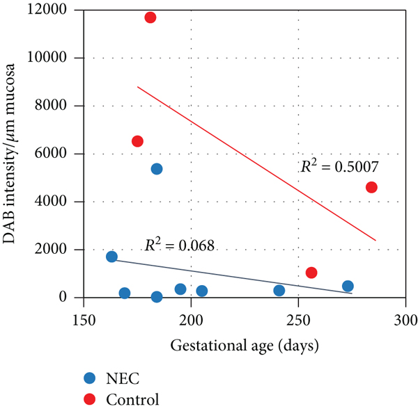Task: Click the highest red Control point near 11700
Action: pyautogui.click(x=150, y=17)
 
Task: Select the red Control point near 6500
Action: pyautogui.click(x=137, y=141)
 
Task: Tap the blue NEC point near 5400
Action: pyautogui.click(x=157, y=169)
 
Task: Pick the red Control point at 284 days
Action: pyautogui.click(x=371, y=187)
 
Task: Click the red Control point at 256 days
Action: pyautogui.click(x=311, y=273)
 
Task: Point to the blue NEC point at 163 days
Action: pyautogui.click(x=111, y=257)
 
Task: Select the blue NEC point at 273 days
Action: pyautogui.click(x=348, y=286)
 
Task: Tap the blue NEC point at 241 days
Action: pyautogui.click(x=279, y=291)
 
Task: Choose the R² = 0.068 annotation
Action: pyautogui.click(x=179, y=245)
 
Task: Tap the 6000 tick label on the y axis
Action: pyautogui.click(x=59, y=154)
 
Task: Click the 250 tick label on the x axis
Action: pyautogui.click(x=298, y=321)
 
